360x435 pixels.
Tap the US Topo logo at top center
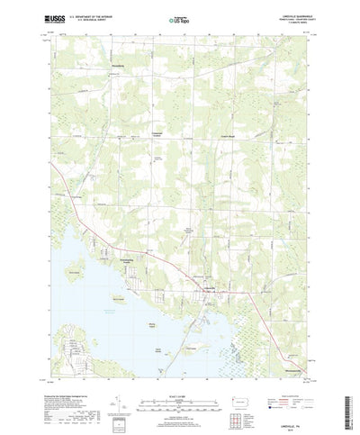(x=179, y=17)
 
